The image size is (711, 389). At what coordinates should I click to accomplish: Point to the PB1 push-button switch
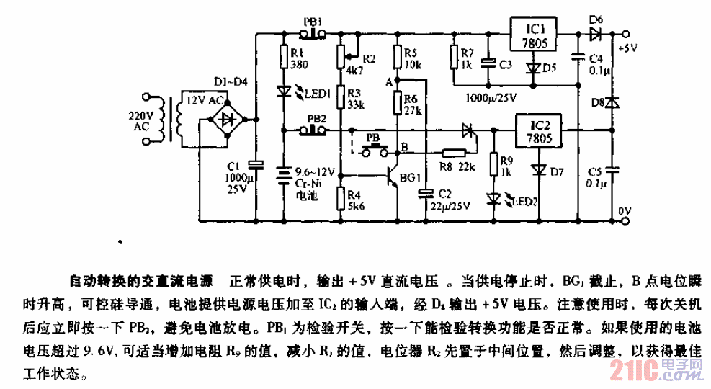[314, 33]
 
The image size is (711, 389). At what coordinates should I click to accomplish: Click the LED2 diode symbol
[493, 198]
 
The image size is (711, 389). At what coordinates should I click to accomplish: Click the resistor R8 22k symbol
[452, 152]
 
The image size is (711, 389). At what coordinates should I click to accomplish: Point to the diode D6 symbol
[595, 33]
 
